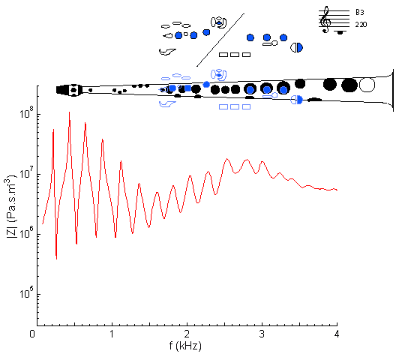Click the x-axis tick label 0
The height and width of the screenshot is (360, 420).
pos(32,334)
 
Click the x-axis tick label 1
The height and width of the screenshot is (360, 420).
pos(112,334)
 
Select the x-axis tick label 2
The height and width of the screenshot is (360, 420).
pos(187,334)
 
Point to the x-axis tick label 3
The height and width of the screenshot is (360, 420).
pos(262,334)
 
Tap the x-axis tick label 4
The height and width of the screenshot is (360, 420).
pos(337,334)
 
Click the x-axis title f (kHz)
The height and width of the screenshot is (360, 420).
pos(185,346)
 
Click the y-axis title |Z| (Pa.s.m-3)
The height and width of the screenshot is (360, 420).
pos(11,206)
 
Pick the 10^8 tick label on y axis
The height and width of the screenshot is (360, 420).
pos(27,112)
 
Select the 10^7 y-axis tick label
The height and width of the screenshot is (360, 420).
pos(27,172)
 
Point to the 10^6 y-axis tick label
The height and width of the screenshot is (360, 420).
pos(27,232)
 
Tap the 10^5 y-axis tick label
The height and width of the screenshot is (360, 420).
pos(27,292)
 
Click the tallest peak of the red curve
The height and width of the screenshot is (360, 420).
pos(69,112)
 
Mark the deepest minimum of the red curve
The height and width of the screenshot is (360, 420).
pos(56,259)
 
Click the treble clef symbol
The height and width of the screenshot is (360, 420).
pos(325,19)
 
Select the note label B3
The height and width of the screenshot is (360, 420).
pos(360,12)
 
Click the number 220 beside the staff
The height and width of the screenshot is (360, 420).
pos(361,25)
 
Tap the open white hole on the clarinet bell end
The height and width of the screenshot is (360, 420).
pos(367,85)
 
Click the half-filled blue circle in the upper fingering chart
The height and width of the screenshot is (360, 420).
pos(296,48)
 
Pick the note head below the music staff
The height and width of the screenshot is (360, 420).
pos(340,32)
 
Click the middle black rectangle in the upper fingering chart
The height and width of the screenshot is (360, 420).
pos(235,55)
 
